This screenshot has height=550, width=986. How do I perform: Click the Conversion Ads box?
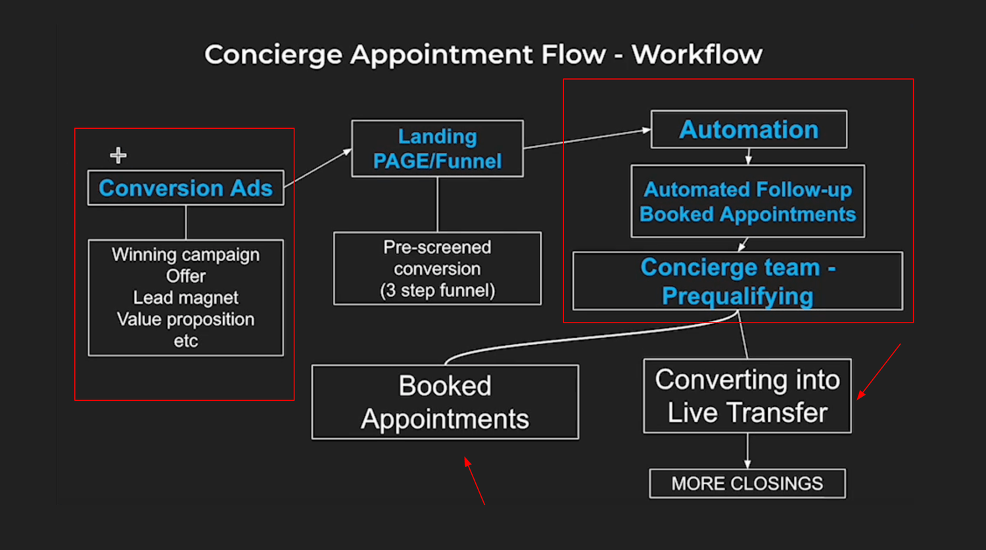[185, 188]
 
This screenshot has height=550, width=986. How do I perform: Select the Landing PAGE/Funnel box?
[437, 149]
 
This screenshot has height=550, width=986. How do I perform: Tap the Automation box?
[749, 129]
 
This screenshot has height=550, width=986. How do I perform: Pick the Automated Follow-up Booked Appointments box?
[747, 202]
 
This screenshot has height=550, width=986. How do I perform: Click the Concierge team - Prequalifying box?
[738, 281]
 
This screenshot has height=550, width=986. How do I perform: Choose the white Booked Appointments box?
[445, 402]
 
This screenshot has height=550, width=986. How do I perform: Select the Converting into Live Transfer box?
[747, 396]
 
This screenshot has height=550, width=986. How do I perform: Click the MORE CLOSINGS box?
[747, 484]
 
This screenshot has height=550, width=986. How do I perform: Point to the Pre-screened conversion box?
[437, 268]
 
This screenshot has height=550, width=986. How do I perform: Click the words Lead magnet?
[186, 298]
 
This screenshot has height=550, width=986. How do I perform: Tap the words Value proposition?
[186, 319]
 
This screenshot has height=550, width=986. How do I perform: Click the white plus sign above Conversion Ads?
[118, 156]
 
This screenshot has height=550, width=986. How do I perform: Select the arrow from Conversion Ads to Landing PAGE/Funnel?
[318, 168]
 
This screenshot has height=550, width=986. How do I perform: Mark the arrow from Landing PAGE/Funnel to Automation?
[587, 139]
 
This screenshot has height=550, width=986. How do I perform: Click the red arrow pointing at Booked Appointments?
[474, 481]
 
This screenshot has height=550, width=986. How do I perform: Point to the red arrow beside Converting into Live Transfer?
[879, 371]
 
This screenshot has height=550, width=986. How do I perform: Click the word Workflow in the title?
[697, 55]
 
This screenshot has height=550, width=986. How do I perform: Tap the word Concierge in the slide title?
[273, 55]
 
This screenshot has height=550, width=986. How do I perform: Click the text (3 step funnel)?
[437, 290]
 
